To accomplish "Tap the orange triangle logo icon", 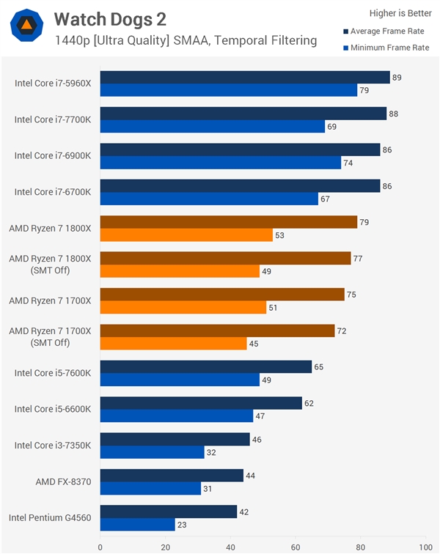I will coord(26,26).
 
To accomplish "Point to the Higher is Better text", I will coord(400,13).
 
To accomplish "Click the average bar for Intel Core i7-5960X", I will coord(245,78).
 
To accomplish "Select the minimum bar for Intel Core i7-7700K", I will coord(213,127).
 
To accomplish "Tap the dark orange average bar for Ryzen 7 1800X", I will coord(229,222).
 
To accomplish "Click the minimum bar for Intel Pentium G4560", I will coord(138,525).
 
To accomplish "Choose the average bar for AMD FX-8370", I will coord(172,476).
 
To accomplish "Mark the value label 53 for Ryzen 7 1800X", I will coord(279,236).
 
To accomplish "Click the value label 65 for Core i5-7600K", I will coord(318,366).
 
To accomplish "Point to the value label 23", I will coord(182,525).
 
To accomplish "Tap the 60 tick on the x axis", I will coord(296,546).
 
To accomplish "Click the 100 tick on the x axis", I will coord(425,546).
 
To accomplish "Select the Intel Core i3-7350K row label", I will coord(53,446).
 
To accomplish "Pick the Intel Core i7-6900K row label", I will coord(53,155).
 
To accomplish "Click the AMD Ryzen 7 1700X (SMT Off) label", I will coord(50,336).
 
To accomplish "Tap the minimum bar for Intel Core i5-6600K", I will coord(177,416).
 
